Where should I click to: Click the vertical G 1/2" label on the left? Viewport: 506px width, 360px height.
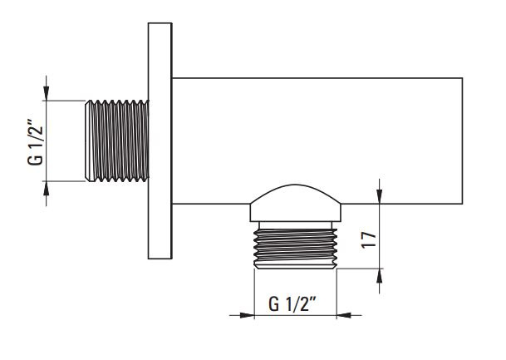tap(35, 142)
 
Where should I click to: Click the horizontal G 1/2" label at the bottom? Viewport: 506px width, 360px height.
tap(292, 303)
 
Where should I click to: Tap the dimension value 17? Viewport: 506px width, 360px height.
tap(369, 239)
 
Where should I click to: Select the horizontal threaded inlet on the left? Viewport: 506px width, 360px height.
tap(117, 141)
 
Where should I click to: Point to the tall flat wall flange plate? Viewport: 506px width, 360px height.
tap(160, 141)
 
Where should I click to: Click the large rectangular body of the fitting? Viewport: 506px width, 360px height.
tap(317, 141)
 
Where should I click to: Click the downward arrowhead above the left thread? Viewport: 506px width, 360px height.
tap(47, 93)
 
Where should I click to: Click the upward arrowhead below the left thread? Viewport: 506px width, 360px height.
tap(47, 189)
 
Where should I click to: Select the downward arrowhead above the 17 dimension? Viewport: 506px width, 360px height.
tap(380, 196)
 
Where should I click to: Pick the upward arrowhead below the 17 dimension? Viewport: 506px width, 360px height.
tap(380, 276)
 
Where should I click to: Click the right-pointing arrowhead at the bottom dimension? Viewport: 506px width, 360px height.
tap(247, 315)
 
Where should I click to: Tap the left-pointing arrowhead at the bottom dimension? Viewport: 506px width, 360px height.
tap(344, 315)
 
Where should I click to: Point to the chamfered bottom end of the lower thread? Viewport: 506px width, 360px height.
tap(296, 266)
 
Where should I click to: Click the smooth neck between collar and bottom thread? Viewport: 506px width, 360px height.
tap(296, 225)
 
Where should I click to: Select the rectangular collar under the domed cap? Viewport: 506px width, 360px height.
tap(296, 213)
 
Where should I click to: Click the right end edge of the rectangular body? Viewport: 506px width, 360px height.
tap(463, 141)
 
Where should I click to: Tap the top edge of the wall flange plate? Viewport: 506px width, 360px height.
tap(160, 23)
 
